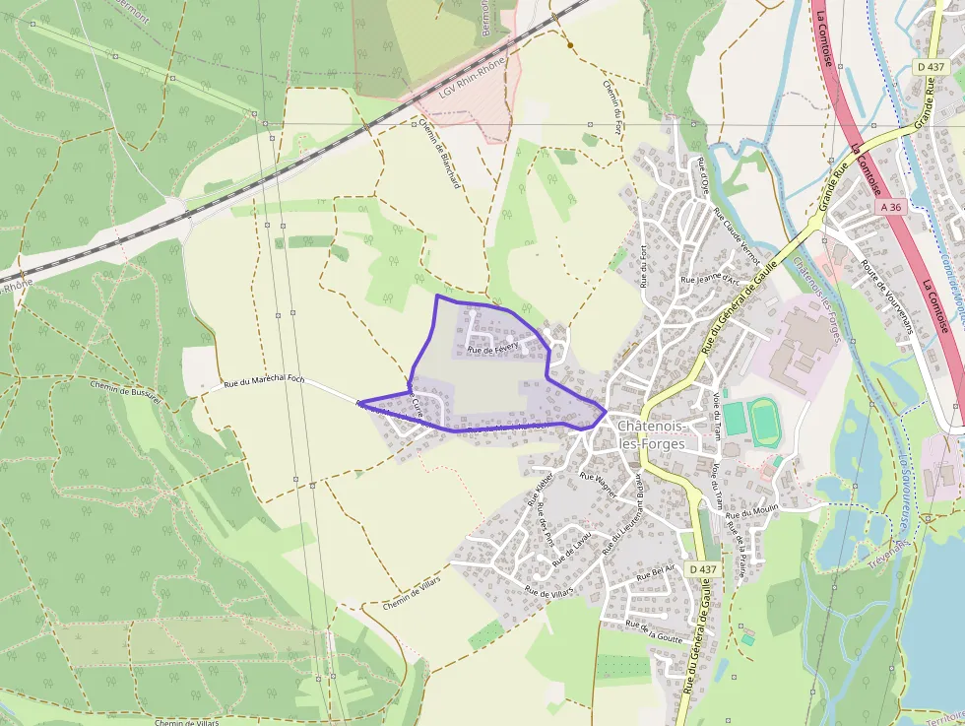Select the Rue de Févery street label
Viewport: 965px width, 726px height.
tap(492, 349)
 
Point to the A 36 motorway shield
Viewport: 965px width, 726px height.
tap(890, 207)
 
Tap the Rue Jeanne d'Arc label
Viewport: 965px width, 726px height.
tap(710, 279)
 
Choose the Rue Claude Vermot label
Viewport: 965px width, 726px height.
tap(736, 238)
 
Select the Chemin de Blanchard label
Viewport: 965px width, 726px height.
tap(439, 155)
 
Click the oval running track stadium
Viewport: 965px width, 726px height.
tap(764, 419)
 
